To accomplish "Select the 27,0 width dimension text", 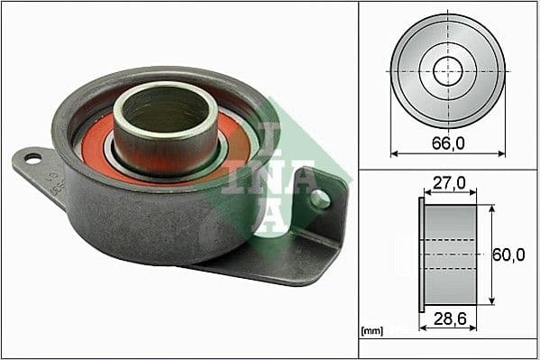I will [447, 183].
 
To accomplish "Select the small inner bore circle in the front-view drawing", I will [448, 71].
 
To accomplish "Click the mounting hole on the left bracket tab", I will [32, 160].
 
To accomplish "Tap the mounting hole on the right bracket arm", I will [320, 198].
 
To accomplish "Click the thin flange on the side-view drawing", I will [421, 255].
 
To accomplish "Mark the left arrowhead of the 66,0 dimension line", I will [394, 153].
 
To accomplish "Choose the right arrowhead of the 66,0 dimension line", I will [502, 153].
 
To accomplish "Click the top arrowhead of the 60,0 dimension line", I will [491, 208].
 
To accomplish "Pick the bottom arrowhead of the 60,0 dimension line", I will [491, 302].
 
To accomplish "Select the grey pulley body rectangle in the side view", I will [451, 255].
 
